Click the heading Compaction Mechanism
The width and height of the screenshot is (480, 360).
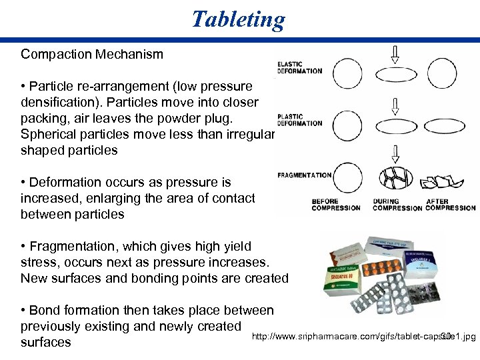92,55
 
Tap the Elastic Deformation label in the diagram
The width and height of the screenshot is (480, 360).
299,68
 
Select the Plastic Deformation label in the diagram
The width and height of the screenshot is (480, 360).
299,119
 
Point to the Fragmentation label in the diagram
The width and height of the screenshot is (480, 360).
304,175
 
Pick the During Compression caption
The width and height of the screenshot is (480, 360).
397,205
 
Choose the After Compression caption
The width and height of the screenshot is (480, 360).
450,205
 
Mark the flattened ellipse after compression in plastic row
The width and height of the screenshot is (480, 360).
449,125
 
